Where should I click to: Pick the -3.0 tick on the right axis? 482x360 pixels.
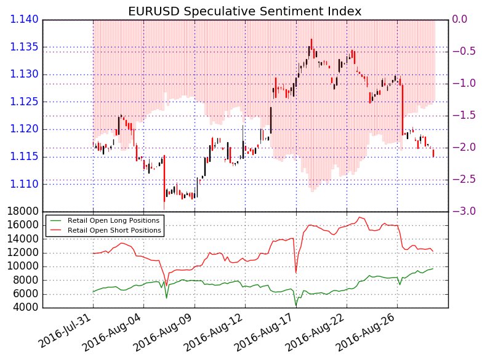[x=464, y=212]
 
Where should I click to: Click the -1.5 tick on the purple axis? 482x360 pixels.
[x=464, y=116]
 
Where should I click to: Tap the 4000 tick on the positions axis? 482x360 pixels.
[x=25, y=308]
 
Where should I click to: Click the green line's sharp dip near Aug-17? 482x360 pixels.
[x=296, y=306]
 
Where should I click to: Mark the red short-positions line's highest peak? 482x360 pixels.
[x=359, y=217]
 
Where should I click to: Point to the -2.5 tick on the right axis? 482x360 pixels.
[x=464, y=180]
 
